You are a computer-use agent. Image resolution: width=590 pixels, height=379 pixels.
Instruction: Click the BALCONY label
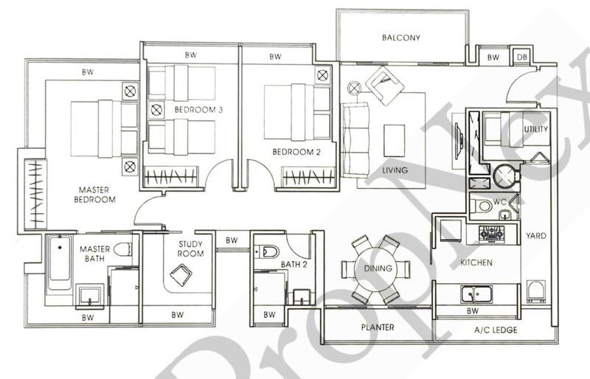pos(401,38)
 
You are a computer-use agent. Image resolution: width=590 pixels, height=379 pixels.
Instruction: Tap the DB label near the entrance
pos(521,57)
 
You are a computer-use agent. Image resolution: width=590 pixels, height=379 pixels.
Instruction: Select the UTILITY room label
pos(536,129)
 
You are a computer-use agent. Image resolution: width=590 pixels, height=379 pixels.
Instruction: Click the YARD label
pos(536,236)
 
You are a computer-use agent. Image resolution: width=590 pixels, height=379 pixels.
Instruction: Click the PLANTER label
pos(377,327)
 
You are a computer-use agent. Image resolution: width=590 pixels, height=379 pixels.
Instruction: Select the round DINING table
pos(373,269)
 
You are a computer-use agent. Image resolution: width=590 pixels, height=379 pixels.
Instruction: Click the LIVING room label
pos(395,170)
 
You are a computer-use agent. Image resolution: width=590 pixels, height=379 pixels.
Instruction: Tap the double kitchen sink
pos(476,295)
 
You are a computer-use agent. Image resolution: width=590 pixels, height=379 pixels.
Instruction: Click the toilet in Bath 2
pos(267,251)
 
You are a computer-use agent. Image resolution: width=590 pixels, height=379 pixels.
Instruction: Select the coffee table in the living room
pos(395,140)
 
